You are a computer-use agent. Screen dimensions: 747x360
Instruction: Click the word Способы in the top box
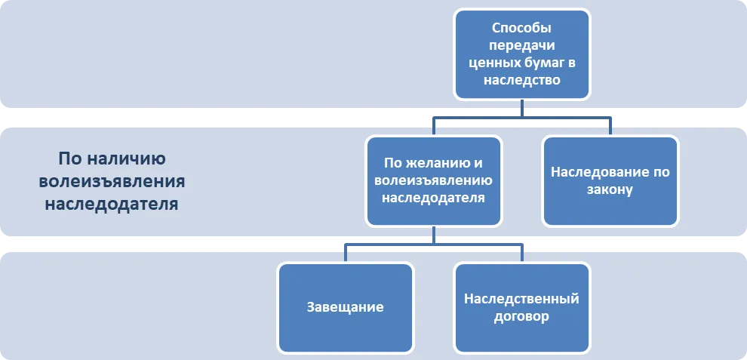click(x=521, y=29)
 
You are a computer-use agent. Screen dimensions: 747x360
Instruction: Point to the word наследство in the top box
click(x=521, y=80)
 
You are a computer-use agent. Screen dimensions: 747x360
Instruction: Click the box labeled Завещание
click(x=346, y=308)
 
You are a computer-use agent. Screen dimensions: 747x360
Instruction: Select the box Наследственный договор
click(x=522, y=308)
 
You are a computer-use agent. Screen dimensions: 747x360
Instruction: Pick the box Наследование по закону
click(x=610, y=180)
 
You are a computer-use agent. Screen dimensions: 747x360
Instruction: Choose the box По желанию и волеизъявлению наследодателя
click(x=434, y=180)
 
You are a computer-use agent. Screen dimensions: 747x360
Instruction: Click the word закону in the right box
click(x=610, y=189)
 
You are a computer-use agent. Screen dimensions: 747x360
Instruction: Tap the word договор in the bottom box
click(x=521, y=317)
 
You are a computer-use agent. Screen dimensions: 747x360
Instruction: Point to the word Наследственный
click(x=521, y=299)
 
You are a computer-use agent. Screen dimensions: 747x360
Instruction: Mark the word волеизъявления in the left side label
click(x=112, y=182)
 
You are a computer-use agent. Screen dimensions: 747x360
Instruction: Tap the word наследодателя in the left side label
click(x=112, y=204)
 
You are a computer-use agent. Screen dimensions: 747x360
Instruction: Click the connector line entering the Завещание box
click(x=346, y=253)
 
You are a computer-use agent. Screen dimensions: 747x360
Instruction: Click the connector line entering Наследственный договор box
click(x=522, y=253)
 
